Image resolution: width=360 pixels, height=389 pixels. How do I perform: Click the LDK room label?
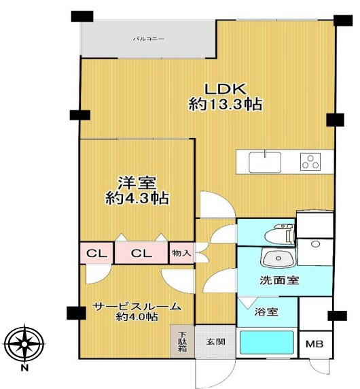(225, 89)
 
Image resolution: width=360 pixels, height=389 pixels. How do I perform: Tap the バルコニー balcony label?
(149, 39)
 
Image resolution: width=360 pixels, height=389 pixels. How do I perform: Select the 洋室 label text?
(137, 183)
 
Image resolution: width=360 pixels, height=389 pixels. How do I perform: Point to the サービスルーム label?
(137, 307)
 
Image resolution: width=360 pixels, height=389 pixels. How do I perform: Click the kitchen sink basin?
(265, 163)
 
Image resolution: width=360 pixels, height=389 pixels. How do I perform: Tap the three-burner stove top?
(310, 161)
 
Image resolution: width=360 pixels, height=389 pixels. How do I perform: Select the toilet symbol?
(279, 234)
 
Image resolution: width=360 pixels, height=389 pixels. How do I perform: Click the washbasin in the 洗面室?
(278, 258)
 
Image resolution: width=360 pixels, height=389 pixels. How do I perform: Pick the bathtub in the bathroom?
(266, 343)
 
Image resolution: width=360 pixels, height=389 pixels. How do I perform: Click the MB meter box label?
(314, 344)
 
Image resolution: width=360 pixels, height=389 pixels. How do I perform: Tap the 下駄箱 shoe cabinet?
(182, 341)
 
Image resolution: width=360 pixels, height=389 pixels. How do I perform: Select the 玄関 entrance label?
(216, 342)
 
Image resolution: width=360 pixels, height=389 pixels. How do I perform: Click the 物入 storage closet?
(181, 253)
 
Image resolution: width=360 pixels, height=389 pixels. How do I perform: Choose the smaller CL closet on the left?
(97, 253)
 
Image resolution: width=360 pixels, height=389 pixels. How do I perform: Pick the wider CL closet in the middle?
(141, 253)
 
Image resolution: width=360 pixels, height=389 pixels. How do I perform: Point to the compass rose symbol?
(24, 344)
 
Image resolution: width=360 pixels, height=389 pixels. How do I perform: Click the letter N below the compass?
(24, 368)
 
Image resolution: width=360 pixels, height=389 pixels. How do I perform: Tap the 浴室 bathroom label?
(266, 312)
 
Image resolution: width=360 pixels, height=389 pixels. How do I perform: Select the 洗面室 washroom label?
(279, 280)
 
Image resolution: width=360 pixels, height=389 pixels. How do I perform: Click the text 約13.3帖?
(226, 104)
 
